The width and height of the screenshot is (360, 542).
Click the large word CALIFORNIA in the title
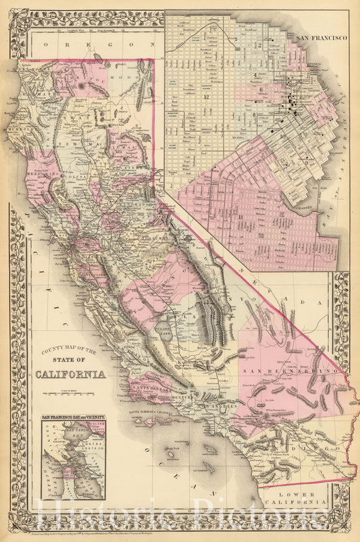[74, 374]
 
